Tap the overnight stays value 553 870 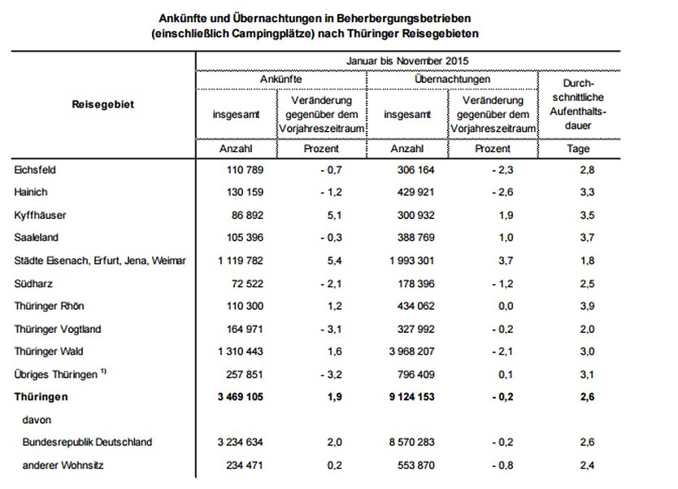(417, 465)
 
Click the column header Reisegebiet (102, 104)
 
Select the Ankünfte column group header (281, 80)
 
